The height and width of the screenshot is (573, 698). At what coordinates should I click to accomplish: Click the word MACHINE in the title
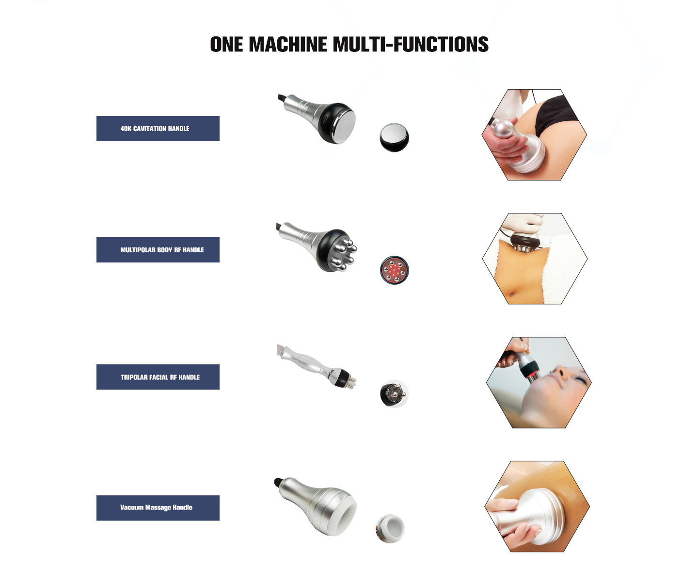[287, 44]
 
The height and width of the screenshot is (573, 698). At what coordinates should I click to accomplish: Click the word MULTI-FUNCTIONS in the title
[411, 44]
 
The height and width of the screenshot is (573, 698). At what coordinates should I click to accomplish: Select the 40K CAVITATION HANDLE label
[158, 129]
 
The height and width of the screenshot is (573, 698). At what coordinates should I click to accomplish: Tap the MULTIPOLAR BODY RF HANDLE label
[158, 250]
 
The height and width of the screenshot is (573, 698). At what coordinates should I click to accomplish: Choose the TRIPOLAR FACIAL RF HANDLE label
[158, 377]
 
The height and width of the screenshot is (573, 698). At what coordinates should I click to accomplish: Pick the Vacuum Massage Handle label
[158, 508]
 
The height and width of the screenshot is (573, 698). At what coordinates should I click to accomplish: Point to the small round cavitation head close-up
[394, 137]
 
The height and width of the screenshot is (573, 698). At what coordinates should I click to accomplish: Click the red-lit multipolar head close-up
[394, 270]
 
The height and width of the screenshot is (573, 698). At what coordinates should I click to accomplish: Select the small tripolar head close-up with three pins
[394, 394]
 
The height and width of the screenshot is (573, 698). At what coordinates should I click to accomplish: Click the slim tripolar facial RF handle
[317, 366]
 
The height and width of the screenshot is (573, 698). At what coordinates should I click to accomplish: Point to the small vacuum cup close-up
[390, 529]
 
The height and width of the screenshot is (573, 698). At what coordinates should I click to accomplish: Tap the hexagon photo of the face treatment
[539, 382]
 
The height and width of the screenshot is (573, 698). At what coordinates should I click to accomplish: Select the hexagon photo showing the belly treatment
[535, 258]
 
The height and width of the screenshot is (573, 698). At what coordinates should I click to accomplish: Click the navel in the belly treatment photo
[512, 294]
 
